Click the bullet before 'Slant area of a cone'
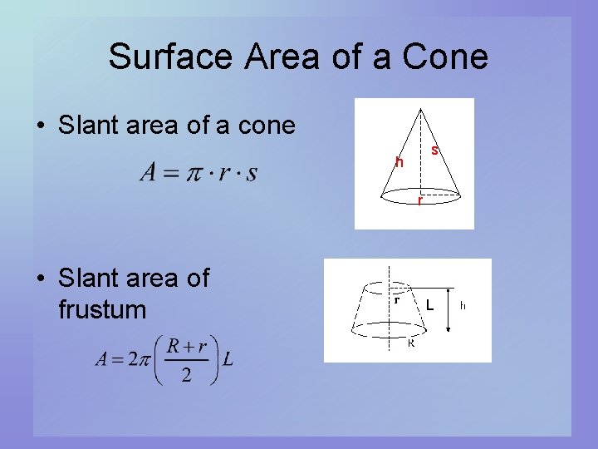tap(39, 126)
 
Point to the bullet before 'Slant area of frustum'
tap(39, 279)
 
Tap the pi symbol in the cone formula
tap(194, 173)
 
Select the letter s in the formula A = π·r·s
tap(251, 173)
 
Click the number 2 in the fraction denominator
tap(186, 376)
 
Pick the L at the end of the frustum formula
tap(228, 359)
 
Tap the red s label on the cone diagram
tap(435, 150)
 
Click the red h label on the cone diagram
tap(399, 162)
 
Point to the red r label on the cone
tap(420, 200)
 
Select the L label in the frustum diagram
tap(429, 305)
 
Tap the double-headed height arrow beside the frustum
tap(448, 311)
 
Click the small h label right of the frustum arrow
tap(463, 305)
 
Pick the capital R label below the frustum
tap(410, 343)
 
